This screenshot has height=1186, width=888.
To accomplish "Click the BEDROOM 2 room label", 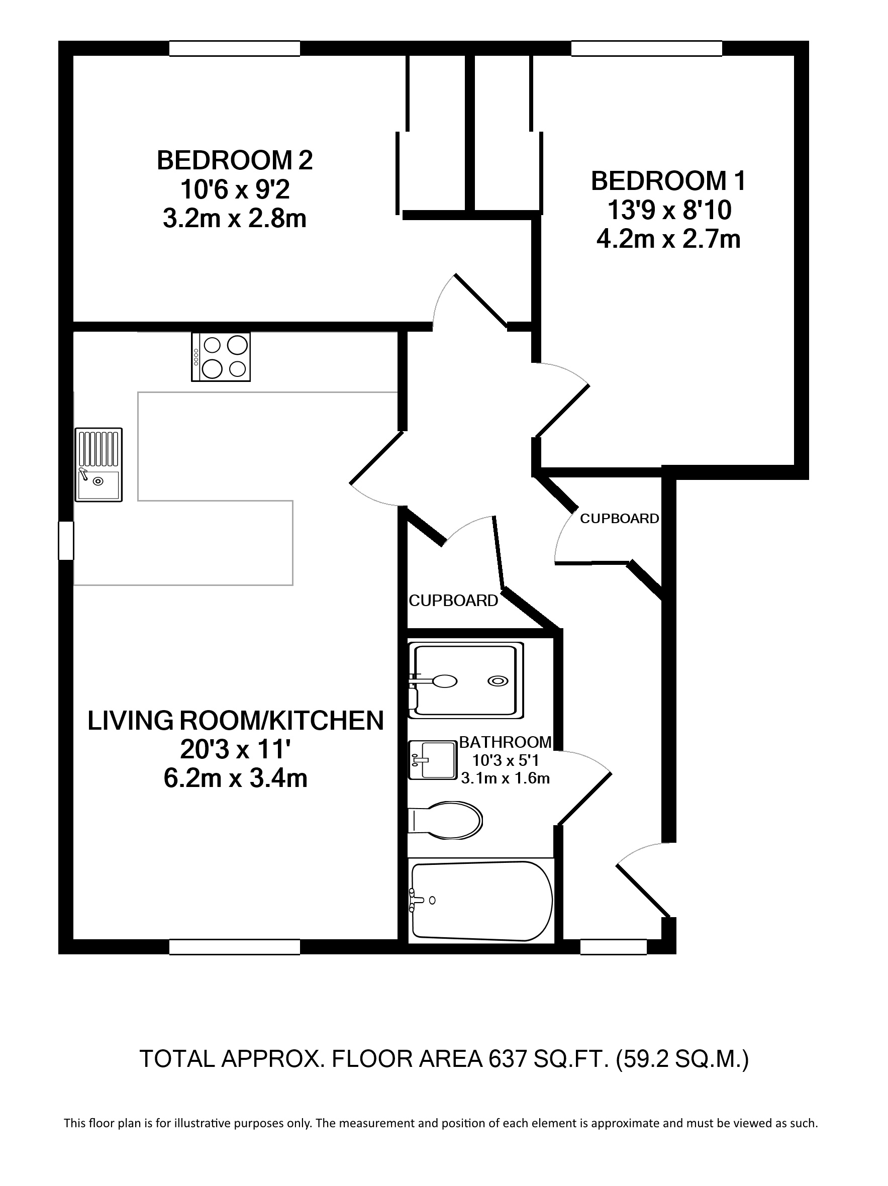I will (x=234, y=161).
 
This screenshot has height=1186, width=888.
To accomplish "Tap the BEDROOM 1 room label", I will (x=668, y=181).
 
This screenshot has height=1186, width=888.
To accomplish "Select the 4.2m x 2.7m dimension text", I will (x=668, y=239).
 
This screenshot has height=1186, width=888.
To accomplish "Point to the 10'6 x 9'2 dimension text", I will (x=234, y=190).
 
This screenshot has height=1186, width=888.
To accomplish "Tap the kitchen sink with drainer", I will (x=98, y=464).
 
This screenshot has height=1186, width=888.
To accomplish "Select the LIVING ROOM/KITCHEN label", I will (x=235, y=721).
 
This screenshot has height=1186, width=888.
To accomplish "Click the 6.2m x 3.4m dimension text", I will (x=235, y=778).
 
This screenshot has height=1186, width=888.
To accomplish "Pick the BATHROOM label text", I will (x=505, y=742).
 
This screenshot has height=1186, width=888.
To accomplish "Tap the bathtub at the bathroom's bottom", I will (x=480, y=901).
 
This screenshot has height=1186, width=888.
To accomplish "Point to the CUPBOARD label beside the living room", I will (x=453, y=601).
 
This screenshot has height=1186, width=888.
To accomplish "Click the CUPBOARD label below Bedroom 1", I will (x=619, y=519).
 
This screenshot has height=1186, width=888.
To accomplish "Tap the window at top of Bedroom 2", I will (x=234, y=48).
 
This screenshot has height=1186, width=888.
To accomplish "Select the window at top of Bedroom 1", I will (x=646, y=48).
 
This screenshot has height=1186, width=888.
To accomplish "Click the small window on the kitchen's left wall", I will (x=66, y=540).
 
